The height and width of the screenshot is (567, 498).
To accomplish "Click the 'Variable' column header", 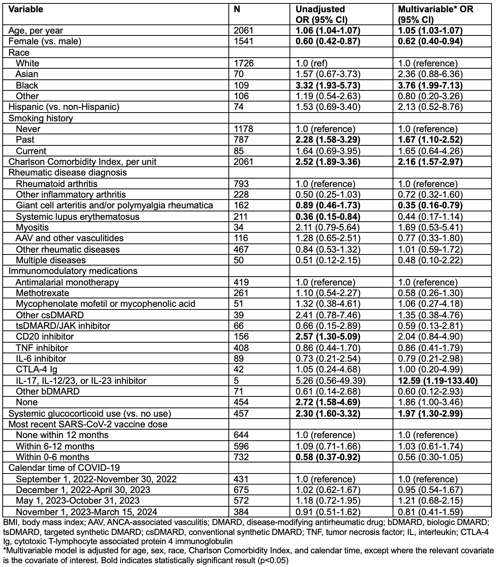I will tap(26, 9).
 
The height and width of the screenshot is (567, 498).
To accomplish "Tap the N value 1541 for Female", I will tap(243, 41).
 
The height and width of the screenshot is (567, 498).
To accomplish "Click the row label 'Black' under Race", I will tap(27, 85).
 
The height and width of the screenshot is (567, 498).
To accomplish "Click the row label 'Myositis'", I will tap(32, 227).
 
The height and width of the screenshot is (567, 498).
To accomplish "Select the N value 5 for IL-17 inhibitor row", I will tap(236, 380).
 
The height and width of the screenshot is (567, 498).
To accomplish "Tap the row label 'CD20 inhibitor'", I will tap(45, 337).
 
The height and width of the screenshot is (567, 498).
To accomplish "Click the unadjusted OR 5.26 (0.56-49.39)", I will tap(331, 380).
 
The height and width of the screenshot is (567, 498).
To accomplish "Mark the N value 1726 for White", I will tap(243, 63).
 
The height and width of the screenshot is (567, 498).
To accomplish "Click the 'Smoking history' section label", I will tap(40, 118).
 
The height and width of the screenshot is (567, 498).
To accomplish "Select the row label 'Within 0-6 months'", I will tap(52, 457).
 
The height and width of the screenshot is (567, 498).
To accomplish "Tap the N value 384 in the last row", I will tap(241, 512).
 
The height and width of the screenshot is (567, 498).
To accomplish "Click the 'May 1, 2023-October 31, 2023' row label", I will tap(78, 501).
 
